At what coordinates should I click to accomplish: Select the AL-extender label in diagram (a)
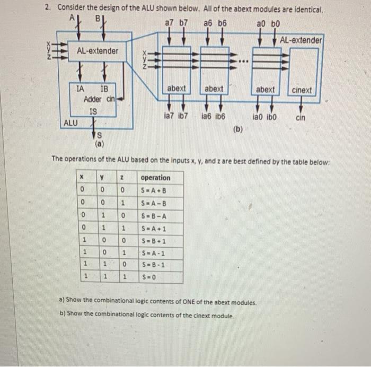coord(98,51)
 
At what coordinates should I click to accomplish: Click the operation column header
coord(156,178)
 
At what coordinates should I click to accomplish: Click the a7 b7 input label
coord(176,24)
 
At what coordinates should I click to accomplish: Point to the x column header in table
coord(82,178)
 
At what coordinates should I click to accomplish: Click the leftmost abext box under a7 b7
coord(176,89)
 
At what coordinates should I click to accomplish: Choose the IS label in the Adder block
coord(93,111)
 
